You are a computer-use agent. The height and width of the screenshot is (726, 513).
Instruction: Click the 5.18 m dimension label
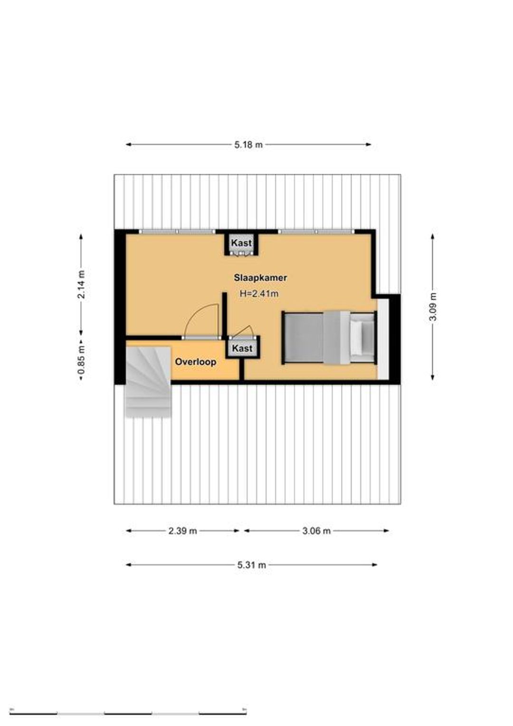pyautogui.click(x=248, y=144)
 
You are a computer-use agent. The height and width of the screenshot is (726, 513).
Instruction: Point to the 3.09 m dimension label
pyautogui.click(x=433, y=306)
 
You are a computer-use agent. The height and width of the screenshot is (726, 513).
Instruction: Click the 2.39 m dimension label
pyautogui.click(x=182, y=531)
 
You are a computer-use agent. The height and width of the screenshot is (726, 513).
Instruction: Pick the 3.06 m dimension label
pyautogui.click(x=316, y=531)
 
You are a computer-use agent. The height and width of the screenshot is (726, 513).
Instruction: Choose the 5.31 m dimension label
pyautogui.click(x=251, y=565)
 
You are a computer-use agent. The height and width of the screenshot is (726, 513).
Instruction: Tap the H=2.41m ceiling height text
pyautogui.click(x=259, y=294)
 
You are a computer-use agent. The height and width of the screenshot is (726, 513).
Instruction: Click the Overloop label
pyautogui.click(x=195, y=362)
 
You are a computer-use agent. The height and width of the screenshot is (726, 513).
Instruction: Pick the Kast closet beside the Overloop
pyautogui.click(x=242, y=348)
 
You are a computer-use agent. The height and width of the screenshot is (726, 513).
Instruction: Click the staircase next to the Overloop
pyautogui.click(x=148, y=382)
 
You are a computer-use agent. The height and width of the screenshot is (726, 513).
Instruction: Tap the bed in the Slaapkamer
pyautogui.click(x=329, y=337)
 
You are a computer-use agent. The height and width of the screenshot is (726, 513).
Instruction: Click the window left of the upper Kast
pyautogui.click(x=177, y=231)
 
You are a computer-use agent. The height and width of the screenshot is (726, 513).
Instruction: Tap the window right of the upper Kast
pyautogui.click(x=316, y=231)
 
